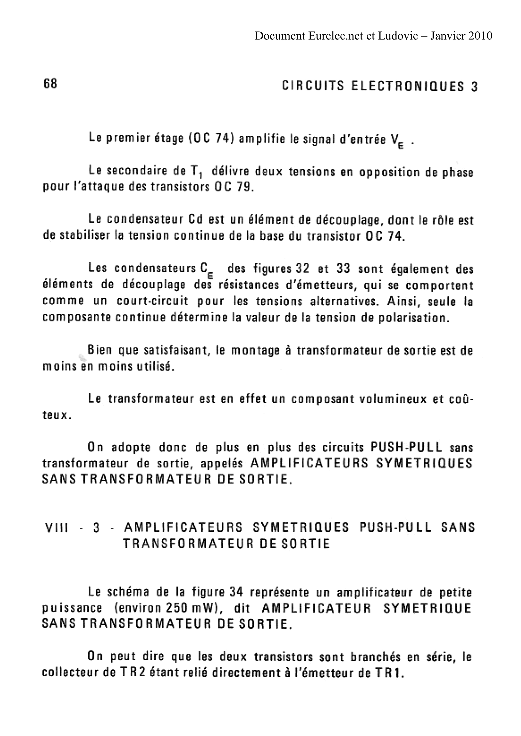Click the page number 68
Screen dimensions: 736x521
pos(50,84)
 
